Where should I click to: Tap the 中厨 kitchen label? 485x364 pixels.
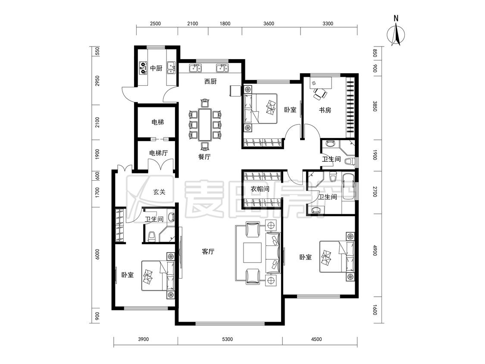(x=156, y=68)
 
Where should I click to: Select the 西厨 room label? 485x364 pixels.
(x=210, y=82)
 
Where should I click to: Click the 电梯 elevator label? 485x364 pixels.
(x=157, y=122)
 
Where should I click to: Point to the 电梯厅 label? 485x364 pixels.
(x=158, y=153)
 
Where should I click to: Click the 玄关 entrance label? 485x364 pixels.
(x=159, y=192)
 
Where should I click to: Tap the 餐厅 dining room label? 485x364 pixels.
(x=204, y=157)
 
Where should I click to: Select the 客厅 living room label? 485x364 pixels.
(x=208, y=251)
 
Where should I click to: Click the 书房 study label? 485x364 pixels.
(x=325, y=110)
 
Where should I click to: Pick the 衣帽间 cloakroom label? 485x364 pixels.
(x=260, y=188)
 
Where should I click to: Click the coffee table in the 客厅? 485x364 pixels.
(x=252, y=253)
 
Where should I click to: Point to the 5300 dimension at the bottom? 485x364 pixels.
(x=227, y=339)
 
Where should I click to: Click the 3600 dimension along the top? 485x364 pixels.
(x=269, y=24)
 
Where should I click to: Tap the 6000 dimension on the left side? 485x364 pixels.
(x=98, y=254)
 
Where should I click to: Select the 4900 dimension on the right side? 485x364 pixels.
(x=375, y=250)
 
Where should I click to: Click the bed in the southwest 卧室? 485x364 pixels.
(x=158, y=276)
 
